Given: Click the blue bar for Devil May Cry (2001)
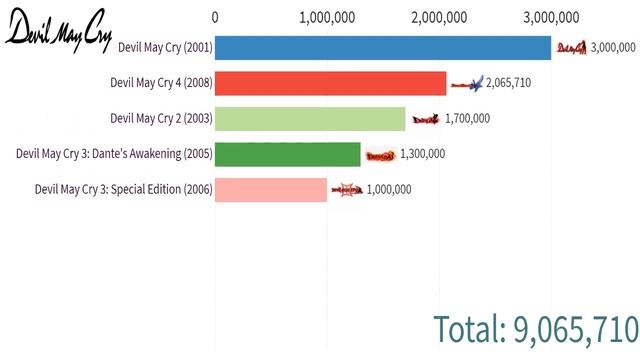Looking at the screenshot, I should pos(383,48).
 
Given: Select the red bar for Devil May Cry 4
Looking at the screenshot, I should pos(331,83).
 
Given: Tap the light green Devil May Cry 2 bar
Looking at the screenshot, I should pos(310,119).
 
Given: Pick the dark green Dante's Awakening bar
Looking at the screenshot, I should pos(288,154).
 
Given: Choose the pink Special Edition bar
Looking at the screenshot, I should pos(271,189).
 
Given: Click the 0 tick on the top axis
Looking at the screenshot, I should pos(216,16).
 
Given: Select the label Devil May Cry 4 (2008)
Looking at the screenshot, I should pos(161,83).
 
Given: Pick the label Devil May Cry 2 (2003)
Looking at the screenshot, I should pos(161,118).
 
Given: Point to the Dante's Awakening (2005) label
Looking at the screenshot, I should pos(114,154).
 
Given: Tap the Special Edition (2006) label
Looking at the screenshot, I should pos(123,189).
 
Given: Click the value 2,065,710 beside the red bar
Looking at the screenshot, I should pos(508,83).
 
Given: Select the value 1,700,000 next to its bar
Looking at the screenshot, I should pos(467,119).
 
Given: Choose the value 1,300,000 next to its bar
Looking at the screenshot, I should pos(422,154).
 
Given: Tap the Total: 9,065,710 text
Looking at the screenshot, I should pos(536,328).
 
